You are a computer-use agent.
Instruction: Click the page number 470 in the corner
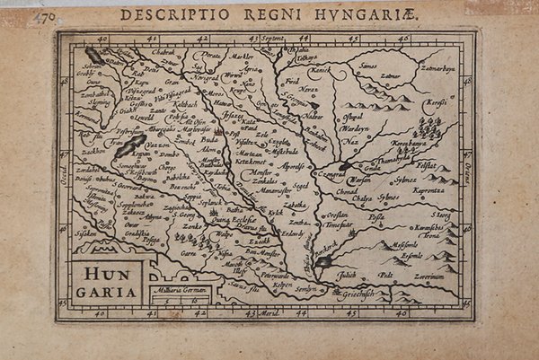(41, 17)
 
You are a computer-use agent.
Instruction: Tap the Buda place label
(209, 141)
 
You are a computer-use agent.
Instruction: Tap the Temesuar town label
(340, 225)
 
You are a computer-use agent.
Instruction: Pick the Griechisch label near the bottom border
(362, 293)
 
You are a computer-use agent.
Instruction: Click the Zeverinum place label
(429, 277)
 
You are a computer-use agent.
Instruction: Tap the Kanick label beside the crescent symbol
(320, 69)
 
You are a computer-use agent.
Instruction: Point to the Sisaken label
(85, 233)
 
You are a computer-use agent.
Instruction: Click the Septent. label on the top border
(272, 40)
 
